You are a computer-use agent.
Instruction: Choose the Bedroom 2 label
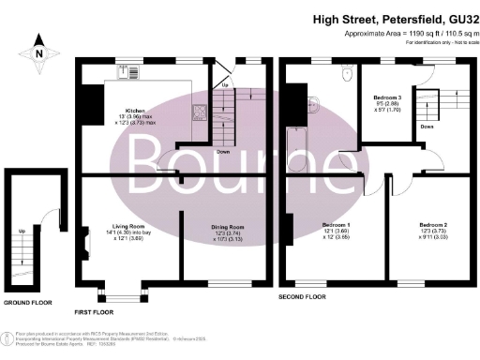(x=433, y=227)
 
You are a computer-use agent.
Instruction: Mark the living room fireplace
(x=85, y=246)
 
